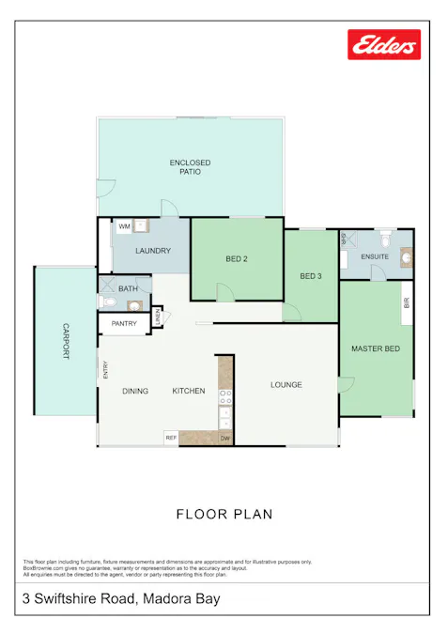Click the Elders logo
[384, 44]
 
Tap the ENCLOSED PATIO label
[190, 168]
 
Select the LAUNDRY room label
[152, 251]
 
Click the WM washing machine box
[124, 226]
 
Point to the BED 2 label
[237, 258]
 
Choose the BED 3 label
[311, 276]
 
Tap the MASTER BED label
[376, 349]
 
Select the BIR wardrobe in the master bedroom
[407, 303]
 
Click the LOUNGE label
[286, 384]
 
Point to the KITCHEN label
[188, 391]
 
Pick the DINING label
[135, 391]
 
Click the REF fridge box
[171, 438]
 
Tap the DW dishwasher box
[225, 438]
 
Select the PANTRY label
[124, 324]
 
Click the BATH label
[128, 289]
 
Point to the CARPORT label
[66, 341]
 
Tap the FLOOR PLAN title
[224, 514]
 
